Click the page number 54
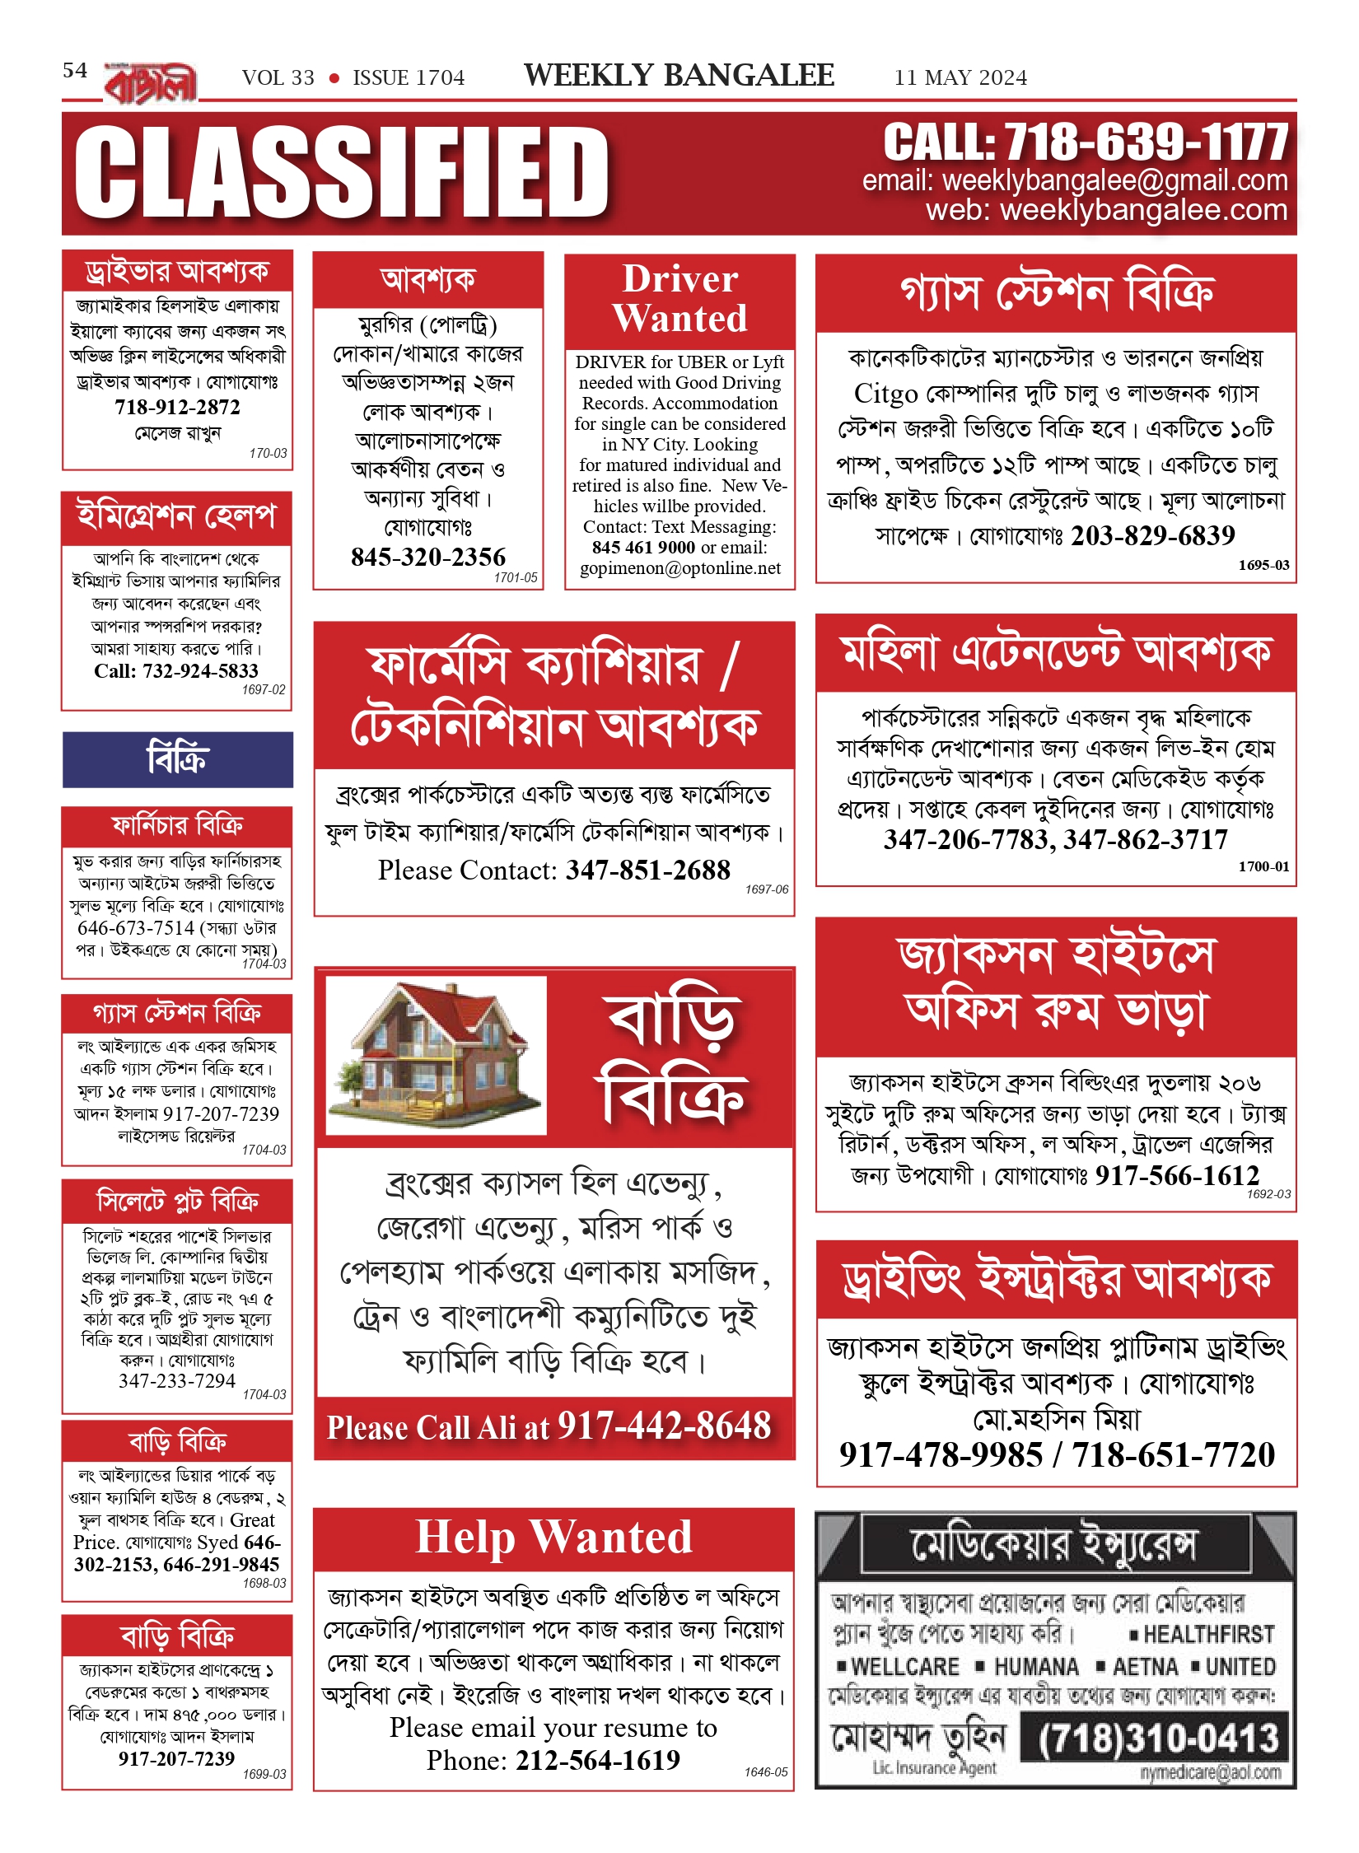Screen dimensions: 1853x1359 point(75,71)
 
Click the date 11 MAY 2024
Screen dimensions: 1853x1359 point(960,78)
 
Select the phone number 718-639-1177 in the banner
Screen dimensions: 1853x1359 point(1145,142)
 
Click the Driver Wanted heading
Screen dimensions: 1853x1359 point(679,299)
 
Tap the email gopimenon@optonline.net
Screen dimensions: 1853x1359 point(679,568)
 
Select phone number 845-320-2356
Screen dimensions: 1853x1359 point(428,558)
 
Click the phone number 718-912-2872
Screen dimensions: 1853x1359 point(177,407)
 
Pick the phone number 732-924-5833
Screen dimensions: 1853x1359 point(199,671)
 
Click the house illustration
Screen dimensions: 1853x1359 point(436,1054)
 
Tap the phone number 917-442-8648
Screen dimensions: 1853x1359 point(664,1426)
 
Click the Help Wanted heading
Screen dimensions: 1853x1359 point(553,1538)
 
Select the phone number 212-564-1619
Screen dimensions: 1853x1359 point(597,1761)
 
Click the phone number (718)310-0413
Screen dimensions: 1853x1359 point(1158,1739)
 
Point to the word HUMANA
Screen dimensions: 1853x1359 point(1036,1667)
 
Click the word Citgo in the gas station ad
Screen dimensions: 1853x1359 point(885,394)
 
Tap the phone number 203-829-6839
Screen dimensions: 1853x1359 point(1152,536)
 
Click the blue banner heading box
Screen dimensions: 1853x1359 point(177,758)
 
